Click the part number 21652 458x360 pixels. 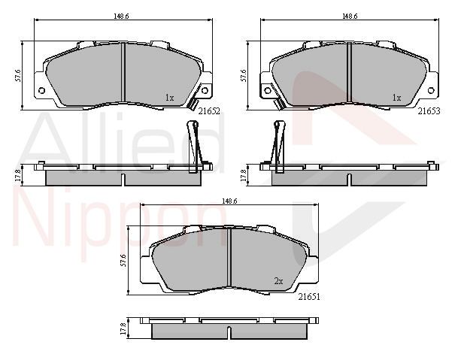(x=209, y=111)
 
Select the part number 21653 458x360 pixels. (x=429, y=111)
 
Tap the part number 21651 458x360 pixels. (x=309, y=297)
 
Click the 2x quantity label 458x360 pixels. (x=279, y=281)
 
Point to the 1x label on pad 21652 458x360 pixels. (x=169, y=98)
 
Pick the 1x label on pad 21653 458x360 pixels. (x=396, y=98)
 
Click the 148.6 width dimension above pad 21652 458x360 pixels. (x=121, y=16)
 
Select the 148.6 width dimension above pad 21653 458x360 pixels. (x=350, y=16)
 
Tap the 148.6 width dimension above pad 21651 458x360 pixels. (x=229, y=201)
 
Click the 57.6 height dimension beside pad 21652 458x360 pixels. (x=18, y=75)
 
